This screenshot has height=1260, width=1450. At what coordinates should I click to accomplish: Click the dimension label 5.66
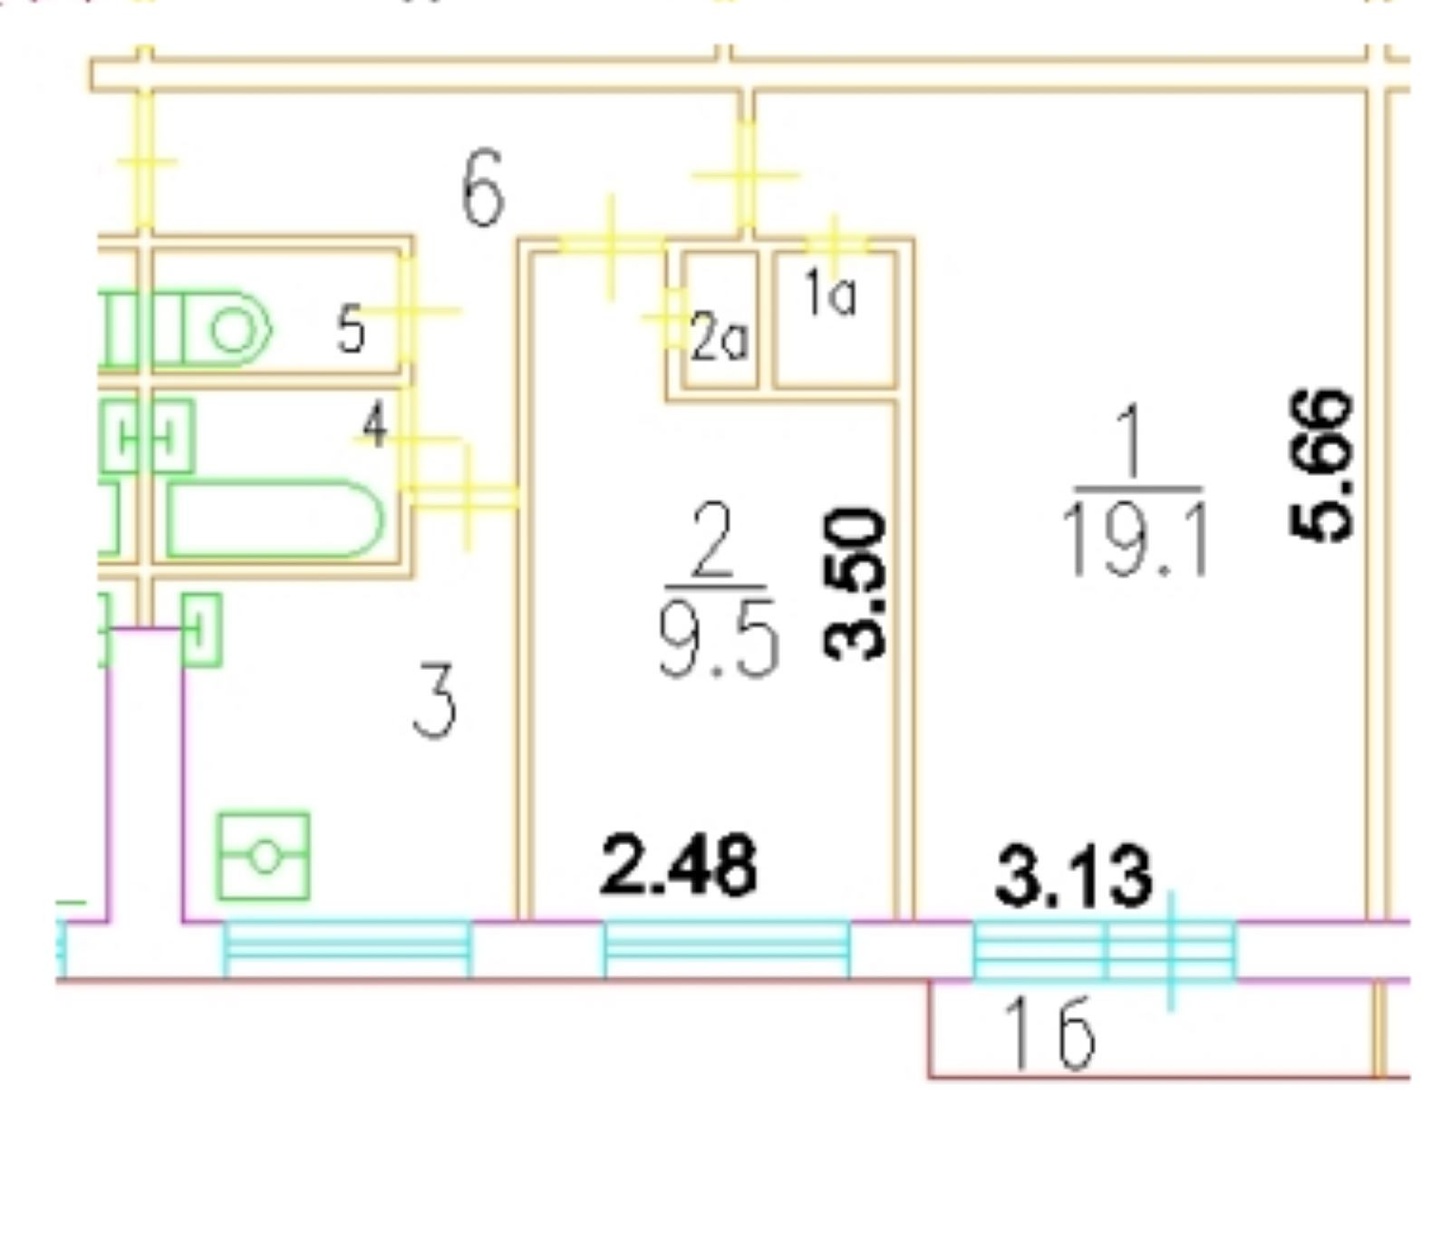click(1322, 465)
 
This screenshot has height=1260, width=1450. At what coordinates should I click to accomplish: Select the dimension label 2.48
click(678, 867)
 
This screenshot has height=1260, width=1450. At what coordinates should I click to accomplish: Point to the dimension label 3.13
click(1074, 877)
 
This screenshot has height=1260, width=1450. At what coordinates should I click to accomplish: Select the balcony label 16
click(1051, 1033)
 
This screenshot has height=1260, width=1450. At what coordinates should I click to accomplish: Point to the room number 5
click(351, 329)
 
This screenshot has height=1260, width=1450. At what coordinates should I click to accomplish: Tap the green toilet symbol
click(227, 328)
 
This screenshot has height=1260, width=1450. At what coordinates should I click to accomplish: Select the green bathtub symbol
click(275, 519)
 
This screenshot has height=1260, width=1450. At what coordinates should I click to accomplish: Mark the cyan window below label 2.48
click(727, 949)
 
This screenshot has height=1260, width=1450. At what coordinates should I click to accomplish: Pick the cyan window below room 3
click(347, 949)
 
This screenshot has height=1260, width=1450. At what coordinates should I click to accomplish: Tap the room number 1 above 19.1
click(1132, 441)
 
